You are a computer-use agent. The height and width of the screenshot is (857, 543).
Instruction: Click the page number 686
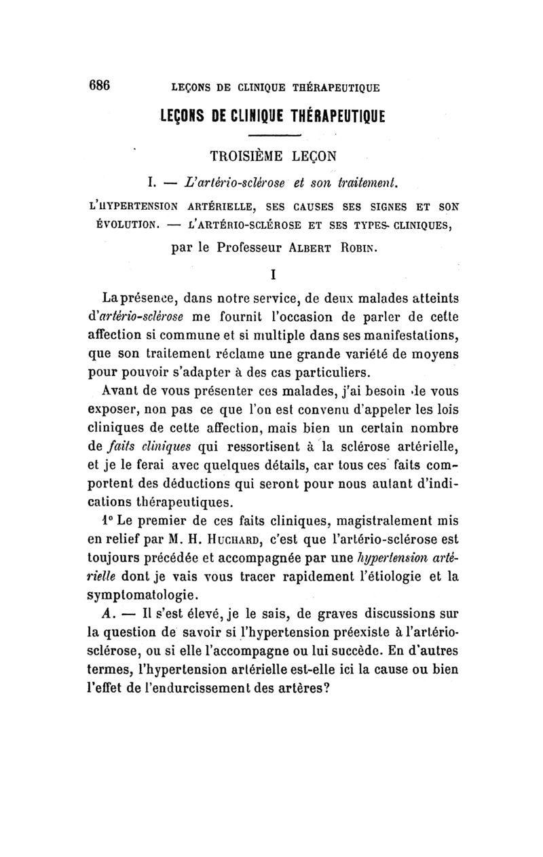99,86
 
